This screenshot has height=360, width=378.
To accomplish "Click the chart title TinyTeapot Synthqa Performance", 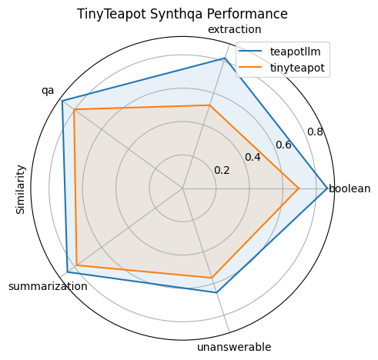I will (x=182, y=14).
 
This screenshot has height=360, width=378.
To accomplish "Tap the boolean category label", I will (x=350, y=188).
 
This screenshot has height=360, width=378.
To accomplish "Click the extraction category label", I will (x=235, y=29).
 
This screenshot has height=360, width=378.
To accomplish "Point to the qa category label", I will (x=48, y=90).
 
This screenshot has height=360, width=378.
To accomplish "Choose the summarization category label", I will (x=47, y=286).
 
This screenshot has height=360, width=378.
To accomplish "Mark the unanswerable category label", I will (x=234, y=347).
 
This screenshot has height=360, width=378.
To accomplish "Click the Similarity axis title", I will (x=21, y=189).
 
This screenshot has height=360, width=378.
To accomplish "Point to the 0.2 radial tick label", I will (x=222, y=170).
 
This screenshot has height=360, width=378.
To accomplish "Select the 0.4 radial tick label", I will (x=253, y=157).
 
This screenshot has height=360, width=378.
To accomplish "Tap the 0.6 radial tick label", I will (x=283, y=145).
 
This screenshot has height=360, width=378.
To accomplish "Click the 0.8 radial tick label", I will (x=315, y=132).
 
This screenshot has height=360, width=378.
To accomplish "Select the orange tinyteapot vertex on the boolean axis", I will (x=299, y=188).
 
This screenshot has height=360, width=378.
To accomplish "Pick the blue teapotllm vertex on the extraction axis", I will (x=225, y=58).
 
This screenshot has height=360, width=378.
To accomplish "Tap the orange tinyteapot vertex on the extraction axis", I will (x=209, y=105).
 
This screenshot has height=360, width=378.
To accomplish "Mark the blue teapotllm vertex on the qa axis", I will (x=62, y=101).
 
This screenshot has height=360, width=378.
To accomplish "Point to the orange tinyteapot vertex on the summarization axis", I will (x=77, y=265).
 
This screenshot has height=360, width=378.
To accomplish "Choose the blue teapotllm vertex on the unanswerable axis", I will (x=217, y=292).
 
